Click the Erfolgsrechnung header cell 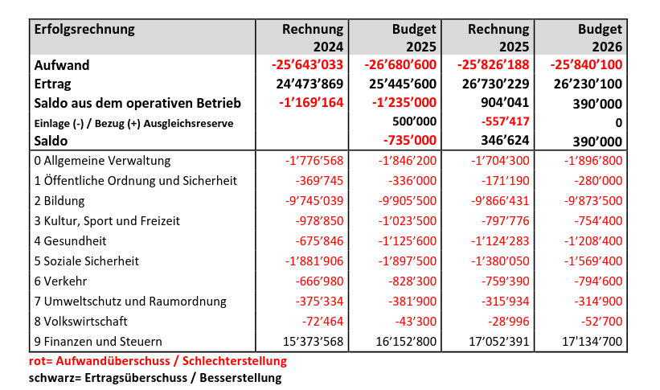84,30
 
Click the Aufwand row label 61,65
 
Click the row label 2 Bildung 59,201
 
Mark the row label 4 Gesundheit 70,241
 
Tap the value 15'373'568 310,341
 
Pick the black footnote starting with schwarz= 155,377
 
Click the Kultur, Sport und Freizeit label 105,221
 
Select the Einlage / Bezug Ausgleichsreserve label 133,122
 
